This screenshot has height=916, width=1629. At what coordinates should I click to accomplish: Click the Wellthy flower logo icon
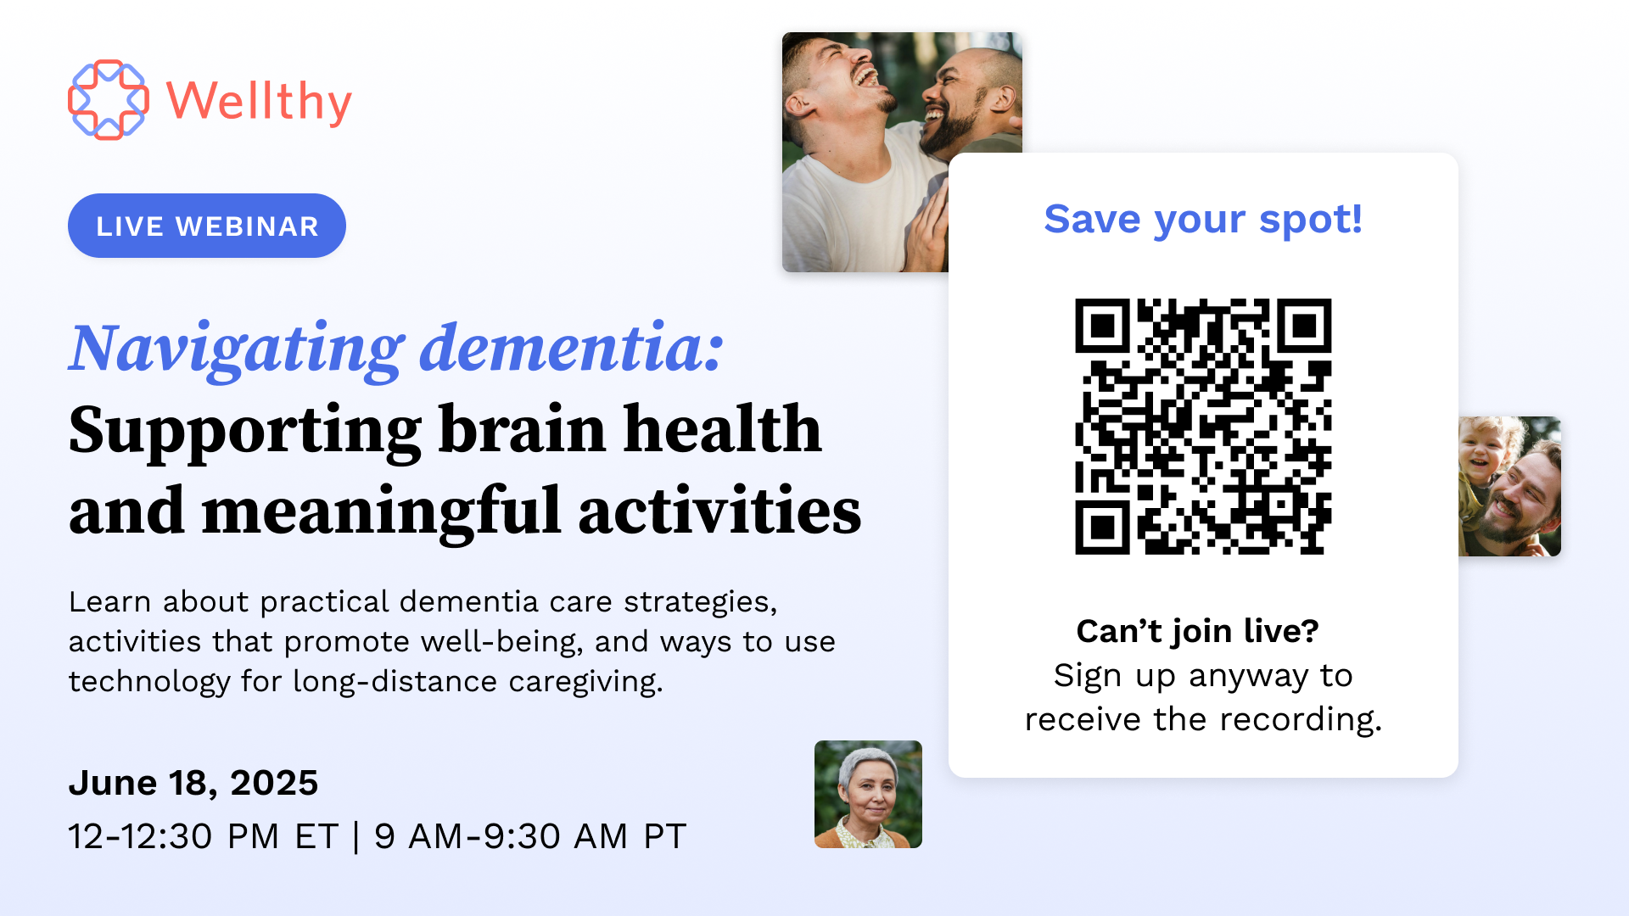point(109,100)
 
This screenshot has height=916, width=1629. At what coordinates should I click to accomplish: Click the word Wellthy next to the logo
point(259,103)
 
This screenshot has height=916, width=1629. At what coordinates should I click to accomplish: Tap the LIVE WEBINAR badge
point(207,226)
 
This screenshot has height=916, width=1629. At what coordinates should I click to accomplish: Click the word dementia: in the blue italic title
point(572,348)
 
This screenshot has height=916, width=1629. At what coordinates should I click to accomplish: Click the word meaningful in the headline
point(381,511)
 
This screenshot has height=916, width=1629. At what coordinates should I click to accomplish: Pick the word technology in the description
point(149,682)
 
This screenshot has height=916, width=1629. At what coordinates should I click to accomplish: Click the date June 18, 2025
point(193,783)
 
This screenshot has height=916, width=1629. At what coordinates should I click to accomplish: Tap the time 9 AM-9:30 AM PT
point(530,836)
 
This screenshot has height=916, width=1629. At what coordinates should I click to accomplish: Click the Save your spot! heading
point(1203,221)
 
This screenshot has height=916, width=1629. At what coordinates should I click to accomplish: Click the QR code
point(1203,427)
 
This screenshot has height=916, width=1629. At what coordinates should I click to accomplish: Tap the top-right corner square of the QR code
point(1304,326)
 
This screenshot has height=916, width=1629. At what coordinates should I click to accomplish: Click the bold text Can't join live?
point(1197,631)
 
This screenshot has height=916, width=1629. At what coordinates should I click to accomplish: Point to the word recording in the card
point(1296,720)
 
